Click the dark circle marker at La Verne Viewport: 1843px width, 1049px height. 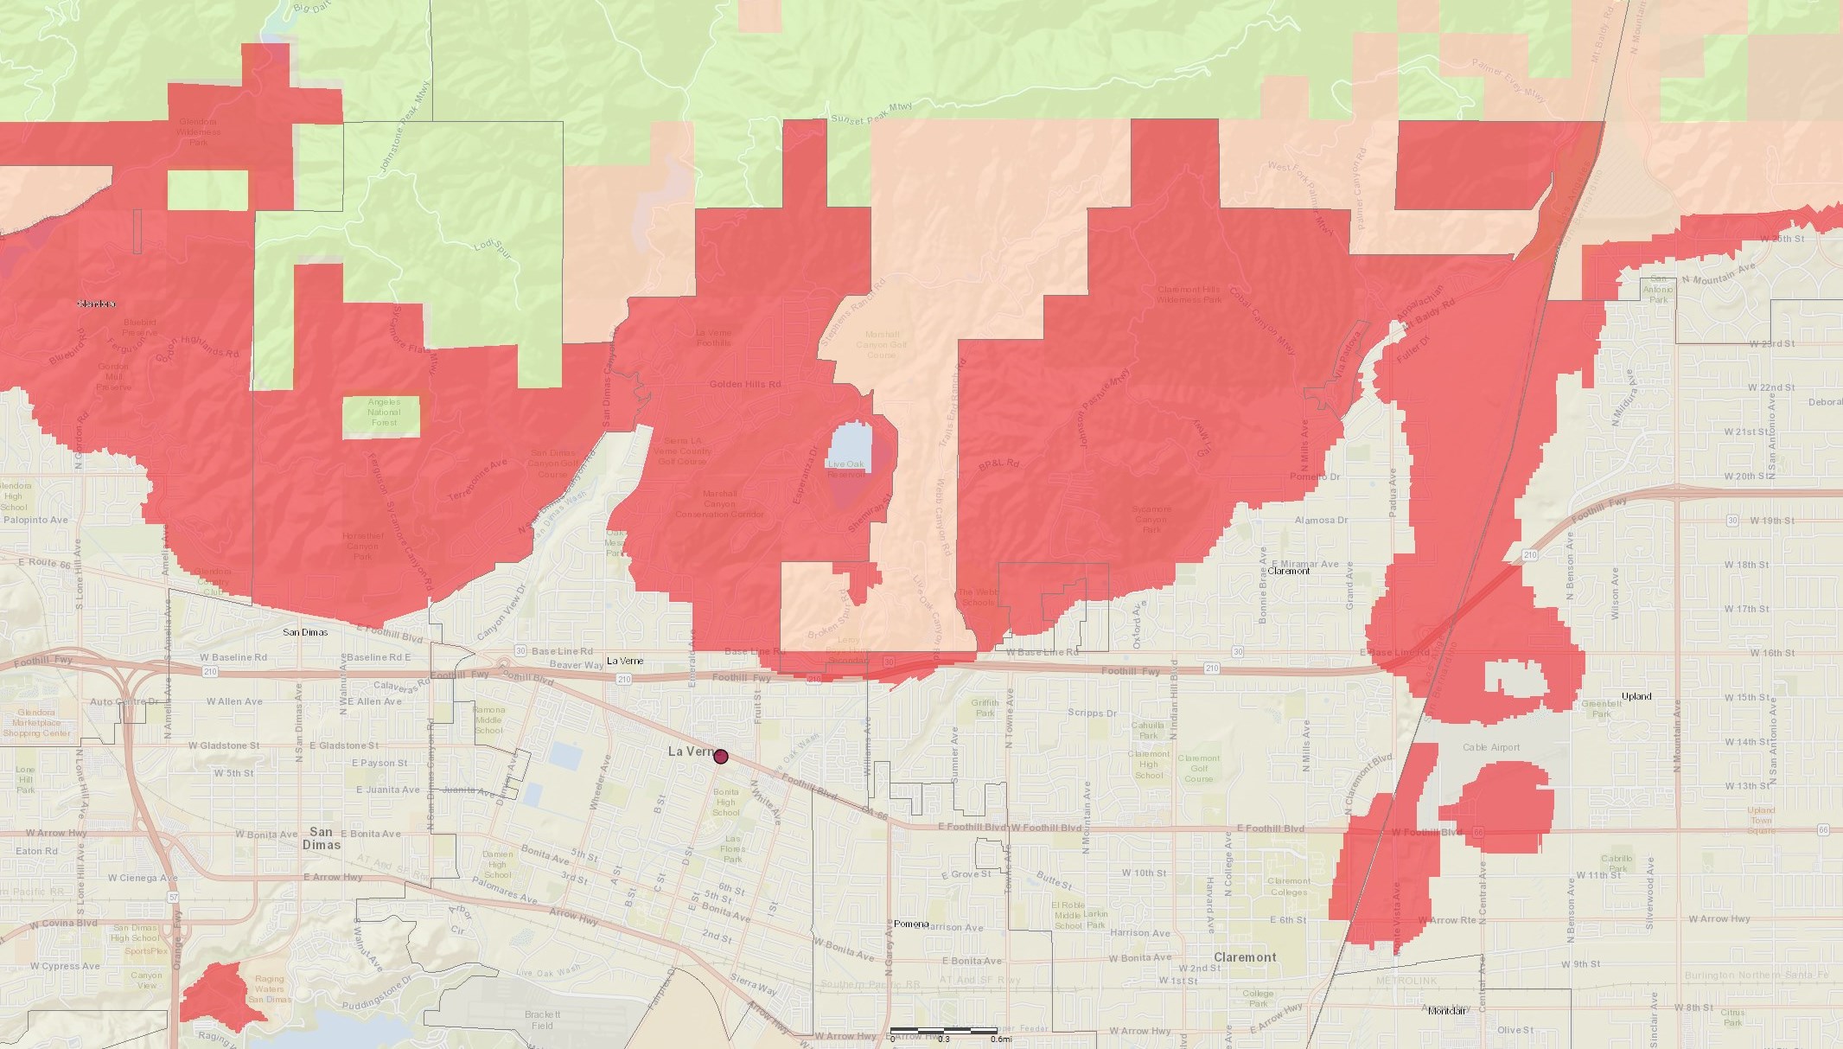click(721, 757)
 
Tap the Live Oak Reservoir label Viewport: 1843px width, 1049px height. click(845, 469)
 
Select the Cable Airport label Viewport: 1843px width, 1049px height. click(1491, 747)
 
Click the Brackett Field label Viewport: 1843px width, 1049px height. click(542, 1020)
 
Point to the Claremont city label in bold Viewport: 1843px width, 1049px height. click(1245, 957)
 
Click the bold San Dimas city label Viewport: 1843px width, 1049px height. click(321, 838)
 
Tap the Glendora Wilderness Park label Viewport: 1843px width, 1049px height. click(198, 132)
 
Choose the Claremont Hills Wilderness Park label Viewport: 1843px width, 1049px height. click(1189, 295)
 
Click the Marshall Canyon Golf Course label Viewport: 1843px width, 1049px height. click(882, 344)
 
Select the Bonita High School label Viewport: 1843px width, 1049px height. click(726, 802)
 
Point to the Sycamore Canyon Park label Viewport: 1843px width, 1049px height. click(1151, 519)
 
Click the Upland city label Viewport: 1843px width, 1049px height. click(1636, 696)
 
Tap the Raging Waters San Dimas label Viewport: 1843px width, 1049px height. click(269, 989)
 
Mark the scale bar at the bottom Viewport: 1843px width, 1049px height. click(944, 1031)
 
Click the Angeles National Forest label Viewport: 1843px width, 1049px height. click(384, 413)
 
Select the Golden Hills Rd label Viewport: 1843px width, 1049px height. click(744, 384)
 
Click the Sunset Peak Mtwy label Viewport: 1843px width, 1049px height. click(870, 113)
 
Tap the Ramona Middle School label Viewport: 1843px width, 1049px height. click(488, 720)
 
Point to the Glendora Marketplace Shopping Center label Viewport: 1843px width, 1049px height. click(37, 723)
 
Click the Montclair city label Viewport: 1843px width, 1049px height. click(1447, 1011)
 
